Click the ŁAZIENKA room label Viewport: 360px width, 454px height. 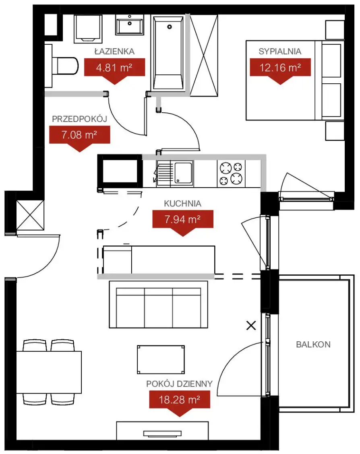[114, 51]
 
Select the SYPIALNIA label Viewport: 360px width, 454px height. [280, 51]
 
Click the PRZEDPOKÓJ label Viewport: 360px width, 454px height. [80, 119]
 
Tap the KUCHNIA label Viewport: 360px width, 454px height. [182, 204]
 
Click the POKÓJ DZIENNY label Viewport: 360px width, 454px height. [179, 384]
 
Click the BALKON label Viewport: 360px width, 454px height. [313, 345]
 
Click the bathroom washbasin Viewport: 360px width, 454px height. [130, 25]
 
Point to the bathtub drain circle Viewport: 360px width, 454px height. [170, 27]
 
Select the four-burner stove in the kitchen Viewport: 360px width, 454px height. [231, 174]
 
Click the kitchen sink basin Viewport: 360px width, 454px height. [183, 173]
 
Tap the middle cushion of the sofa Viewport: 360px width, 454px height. [158, 307]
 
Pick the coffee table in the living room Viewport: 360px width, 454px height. [161, 359]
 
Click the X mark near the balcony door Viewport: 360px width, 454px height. [251, 326]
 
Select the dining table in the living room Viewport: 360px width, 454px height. [49, 372]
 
